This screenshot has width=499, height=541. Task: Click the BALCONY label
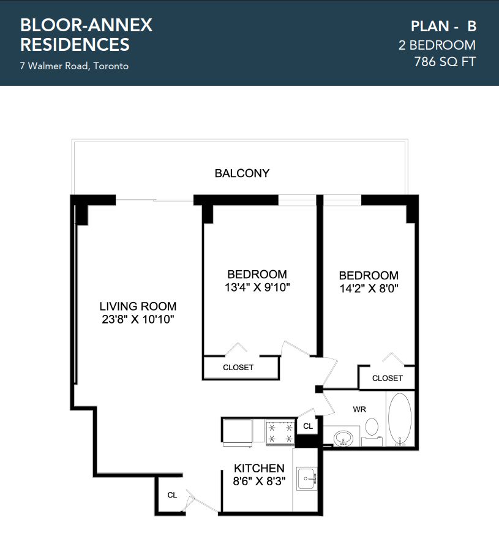pyautogui.click(x=242, y=173)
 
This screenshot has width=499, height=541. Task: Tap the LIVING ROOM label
pyautogui.click(x=138, y=306)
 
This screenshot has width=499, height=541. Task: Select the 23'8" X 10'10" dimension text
pyautogui.click(x=138, y=319)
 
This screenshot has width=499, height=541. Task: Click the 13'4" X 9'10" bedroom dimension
pyautogui.click(x=257, y=287)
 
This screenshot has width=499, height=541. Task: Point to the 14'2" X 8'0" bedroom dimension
pyautogui.click(x=369, y=288)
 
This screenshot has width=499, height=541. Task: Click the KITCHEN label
pyautogui.click(x=259, y=468)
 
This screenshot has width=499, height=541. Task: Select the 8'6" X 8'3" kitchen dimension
pyautogui.click(x=259, y=481)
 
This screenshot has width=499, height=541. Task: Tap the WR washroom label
pyautogui.click(x=359, y=409)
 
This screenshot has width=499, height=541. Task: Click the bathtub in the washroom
pyautogui.click(x=400, y=419)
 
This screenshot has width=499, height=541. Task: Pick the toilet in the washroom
pyautogui.click(x=372, y=431)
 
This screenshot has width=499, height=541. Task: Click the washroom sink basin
pyautogui.click(x=343, y=438)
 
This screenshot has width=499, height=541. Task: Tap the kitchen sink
pyautogui.click(x=306, y=479)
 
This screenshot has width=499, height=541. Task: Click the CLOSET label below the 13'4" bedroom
pyautogui.click(x=238, y=368)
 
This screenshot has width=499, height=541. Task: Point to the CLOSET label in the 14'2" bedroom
pyautogui.click(x=388, y=378)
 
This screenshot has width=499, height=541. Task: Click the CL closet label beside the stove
pyautogui.click(x=308, y=426)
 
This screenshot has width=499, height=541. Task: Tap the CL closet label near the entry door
pyautogui.click(x=172, y=495)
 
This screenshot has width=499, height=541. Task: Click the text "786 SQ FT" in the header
pyautogui.click(x=445, y=62)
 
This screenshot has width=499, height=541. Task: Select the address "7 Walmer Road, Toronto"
pyautogui.click(x=74, y=66)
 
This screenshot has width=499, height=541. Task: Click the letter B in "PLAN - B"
pyautogui.click(x=472, y=26)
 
